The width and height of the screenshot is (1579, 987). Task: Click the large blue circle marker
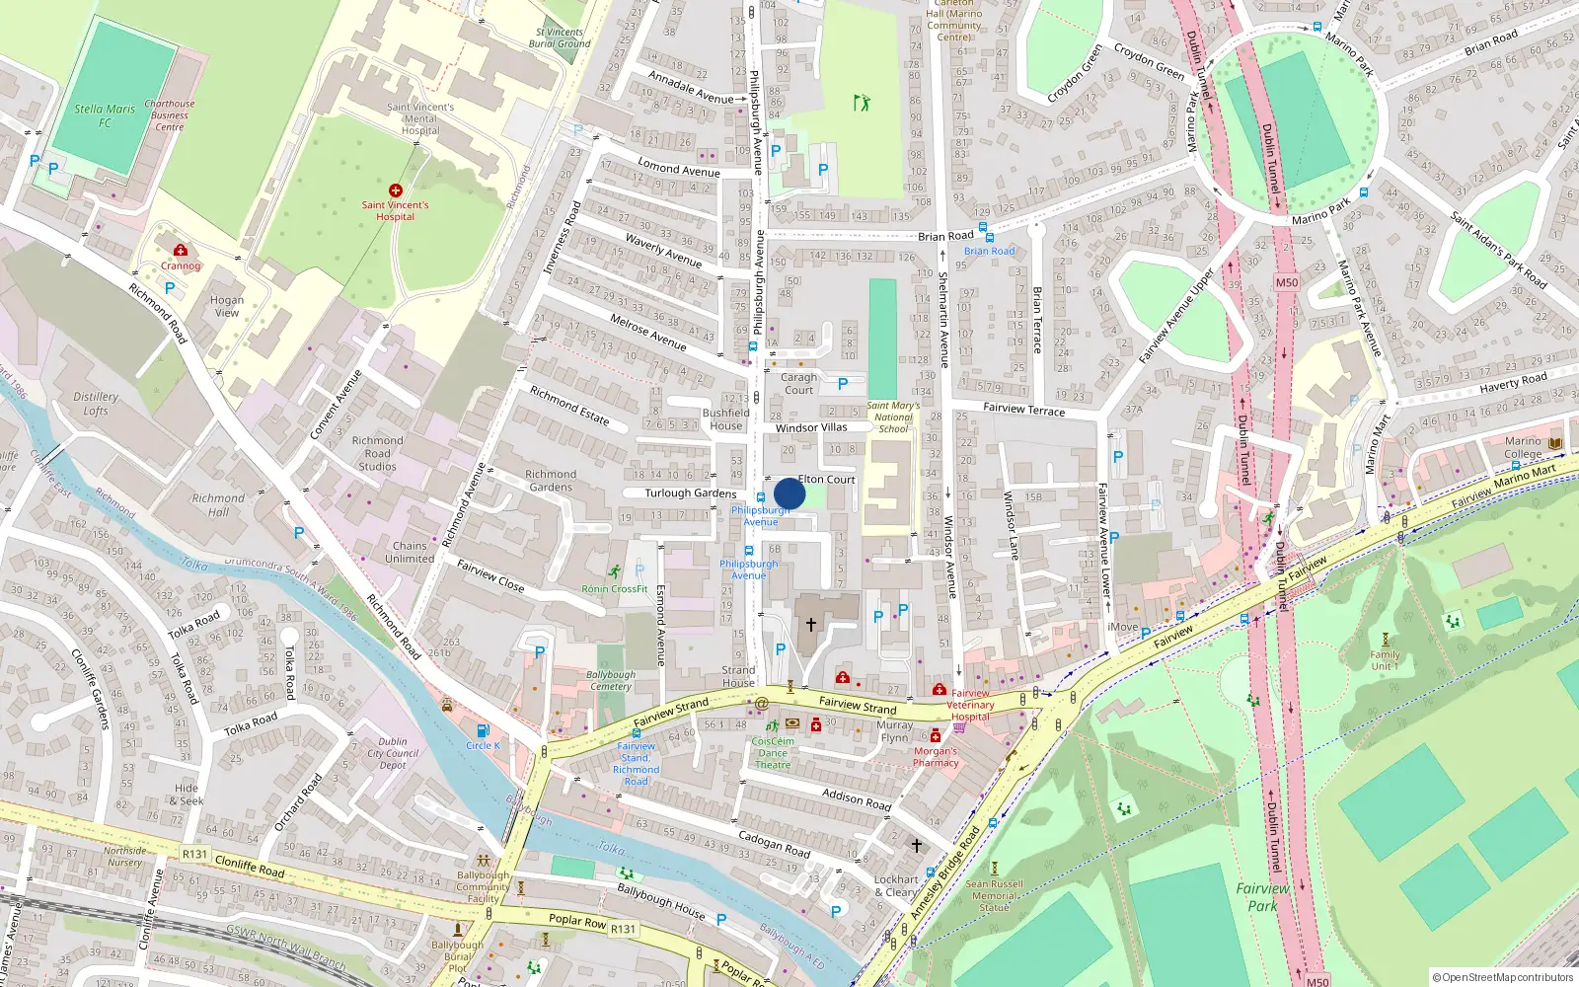[x=789, y=493]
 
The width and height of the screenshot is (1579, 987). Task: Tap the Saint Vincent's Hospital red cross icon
[x=396, y=190]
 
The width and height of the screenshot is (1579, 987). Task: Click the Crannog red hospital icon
[x=180, y=251]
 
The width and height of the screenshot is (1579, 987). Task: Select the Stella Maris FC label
[x=105, y=115]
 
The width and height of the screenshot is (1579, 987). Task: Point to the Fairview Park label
[x=1262, y=896]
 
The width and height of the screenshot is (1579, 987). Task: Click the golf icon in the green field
[x=862, y=102]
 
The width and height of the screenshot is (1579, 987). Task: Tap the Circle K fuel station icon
[x=483, y=731]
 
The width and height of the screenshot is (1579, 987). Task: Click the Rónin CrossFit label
[x=614, y=589]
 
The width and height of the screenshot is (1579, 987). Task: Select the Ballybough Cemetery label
[x=611, y=680]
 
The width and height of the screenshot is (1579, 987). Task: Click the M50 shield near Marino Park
[x=1287, y=282]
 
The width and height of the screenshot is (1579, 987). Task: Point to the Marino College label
[x=1523, y=448]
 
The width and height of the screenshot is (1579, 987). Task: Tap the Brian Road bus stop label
[x=989, y=251]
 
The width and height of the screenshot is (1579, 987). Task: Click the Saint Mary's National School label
[x=893, y=417]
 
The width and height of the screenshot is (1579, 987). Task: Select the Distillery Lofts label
[x=96, y=403]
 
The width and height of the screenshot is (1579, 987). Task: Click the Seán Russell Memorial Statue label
[x=995, y=895]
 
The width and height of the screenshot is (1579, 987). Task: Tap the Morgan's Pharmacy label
[x=936, y=757]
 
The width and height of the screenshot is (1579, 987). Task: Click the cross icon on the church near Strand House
[x=811, y=625]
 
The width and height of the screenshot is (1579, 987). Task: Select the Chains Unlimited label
[x=410, y=552]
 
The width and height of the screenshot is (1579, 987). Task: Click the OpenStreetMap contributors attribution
[x=1502, y=977]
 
